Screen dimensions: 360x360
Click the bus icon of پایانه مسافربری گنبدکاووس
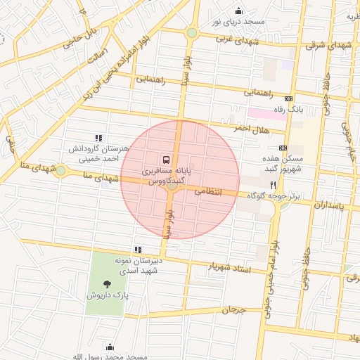coord(167,160)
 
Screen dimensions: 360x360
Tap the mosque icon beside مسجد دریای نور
coord(238,11)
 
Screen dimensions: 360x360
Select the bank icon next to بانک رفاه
coord(288,98)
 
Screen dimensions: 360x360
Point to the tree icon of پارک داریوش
coord(107,284)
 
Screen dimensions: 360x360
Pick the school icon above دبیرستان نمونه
coord(138,249)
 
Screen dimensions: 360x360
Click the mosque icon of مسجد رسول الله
coord(109,347)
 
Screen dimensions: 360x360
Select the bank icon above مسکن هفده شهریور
coord(283,148)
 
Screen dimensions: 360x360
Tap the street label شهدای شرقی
coord(325,45)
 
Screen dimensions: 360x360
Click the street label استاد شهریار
coord(231,267)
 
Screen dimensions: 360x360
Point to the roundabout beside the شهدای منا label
coord(61,170)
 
